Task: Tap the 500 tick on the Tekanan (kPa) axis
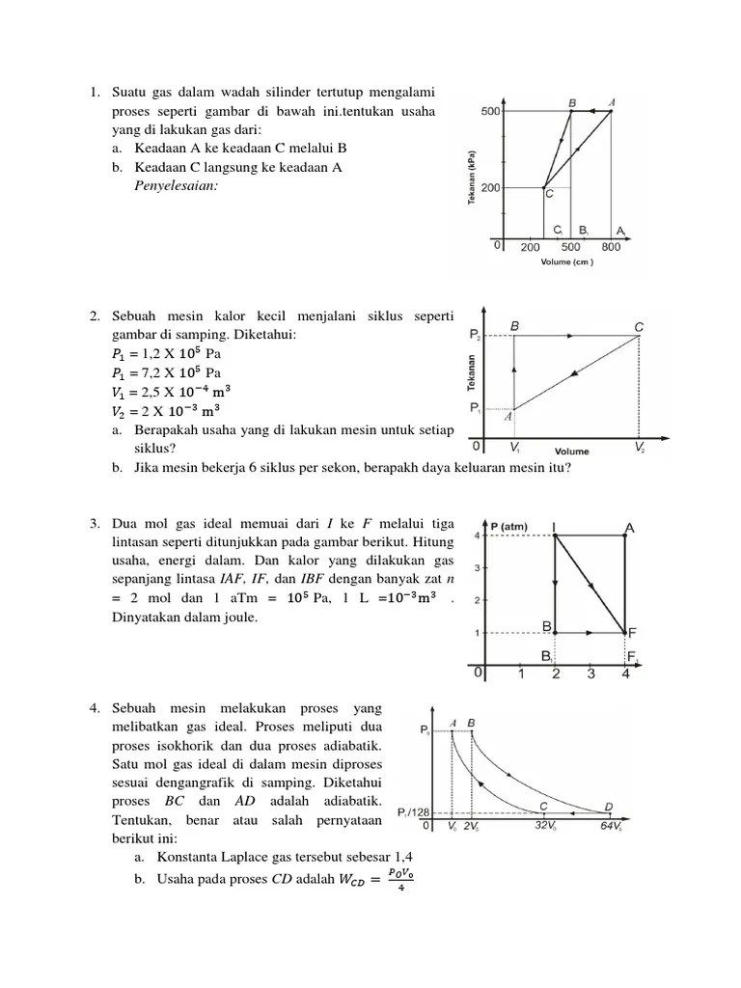[489, 112]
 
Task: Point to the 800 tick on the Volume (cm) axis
[611, 247]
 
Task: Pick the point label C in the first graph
[549, 194]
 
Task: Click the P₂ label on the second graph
[475, 335]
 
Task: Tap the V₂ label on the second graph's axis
[641, 449]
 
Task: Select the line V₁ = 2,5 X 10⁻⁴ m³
[171, 391]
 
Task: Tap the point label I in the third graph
[554, 527]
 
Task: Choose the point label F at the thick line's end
[633, 633]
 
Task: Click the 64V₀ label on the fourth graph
[611, 827]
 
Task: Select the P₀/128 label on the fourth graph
[413, 814]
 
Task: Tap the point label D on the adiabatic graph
[608, 807]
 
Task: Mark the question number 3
[96, 524]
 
